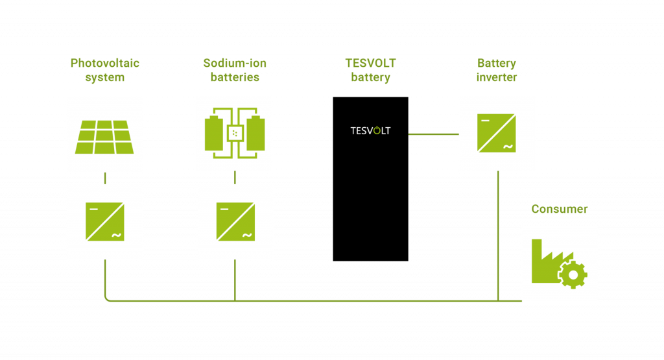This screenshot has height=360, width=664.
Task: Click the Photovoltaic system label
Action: tap(104, 71)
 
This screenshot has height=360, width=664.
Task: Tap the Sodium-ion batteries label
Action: tap(234, 71)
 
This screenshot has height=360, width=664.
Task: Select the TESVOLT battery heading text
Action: tap(370, 71)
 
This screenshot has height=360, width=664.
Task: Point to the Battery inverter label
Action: tap(497, 71)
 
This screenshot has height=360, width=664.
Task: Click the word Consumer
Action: tap(559, 209)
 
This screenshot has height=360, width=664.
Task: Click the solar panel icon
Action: tap(104, 137)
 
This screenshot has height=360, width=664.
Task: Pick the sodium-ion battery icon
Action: tap(234, 134)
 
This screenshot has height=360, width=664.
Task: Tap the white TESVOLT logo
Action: tap(370, 131)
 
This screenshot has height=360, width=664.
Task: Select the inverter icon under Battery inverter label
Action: tap(497, 133)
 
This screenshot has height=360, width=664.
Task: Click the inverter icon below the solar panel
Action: tap(104, 222)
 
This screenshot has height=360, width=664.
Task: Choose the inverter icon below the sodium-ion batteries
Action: tap(235, 222)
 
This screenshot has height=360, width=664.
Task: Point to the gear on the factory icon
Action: tap(573, 274)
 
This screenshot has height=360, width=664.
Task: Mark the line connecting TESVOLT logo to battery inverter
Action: tap(433, 134)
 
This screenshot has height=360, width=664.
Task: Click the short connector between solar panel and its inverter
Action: tap(105, 178)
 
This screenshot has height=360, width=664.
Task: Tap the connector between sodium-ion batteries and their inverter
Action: tap(235, 177)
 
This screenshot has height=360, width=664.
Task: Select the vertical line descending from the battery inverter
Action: tap(497, 234)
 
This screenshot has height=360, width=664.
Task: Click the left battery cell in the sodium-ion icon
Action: tap(213, 134)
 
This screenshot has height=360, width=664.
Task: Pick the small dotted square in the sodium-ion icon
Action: tap(234, 134)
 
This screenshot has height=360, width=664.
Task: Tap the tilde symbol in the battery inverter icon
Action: tap(508, 147)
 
